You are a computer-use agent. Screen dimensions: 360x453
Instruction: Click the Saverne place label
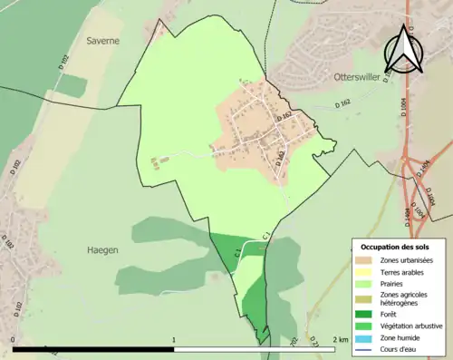[x=102, y=41]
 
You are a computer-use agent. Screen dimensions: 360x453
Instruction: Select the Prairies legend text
[x=392, y=283]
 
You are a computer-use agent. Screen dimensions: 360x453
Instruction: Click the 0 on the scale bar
[x=14, y=340]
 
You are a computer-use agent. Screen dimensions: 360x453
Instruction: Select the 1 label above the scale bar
[x=173, y=340]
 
